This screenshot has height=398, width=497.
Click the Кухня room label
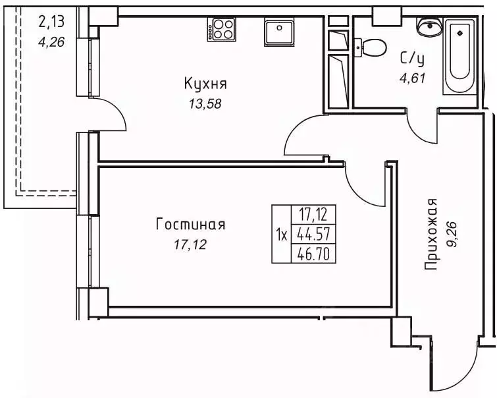205,84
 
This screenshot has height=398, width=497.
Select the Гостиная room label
190,225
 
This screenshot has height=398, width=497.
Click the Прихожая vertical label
431,234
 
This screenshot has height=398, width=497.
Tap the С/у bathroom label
413,58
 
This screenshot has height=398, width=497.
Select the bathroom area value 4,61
413,78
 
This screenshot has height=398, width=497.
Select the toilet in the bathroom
372,47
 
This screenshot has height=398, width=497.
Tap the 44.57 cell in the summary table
313,234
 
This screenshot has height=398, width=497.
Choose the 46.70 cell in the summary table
313,253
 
